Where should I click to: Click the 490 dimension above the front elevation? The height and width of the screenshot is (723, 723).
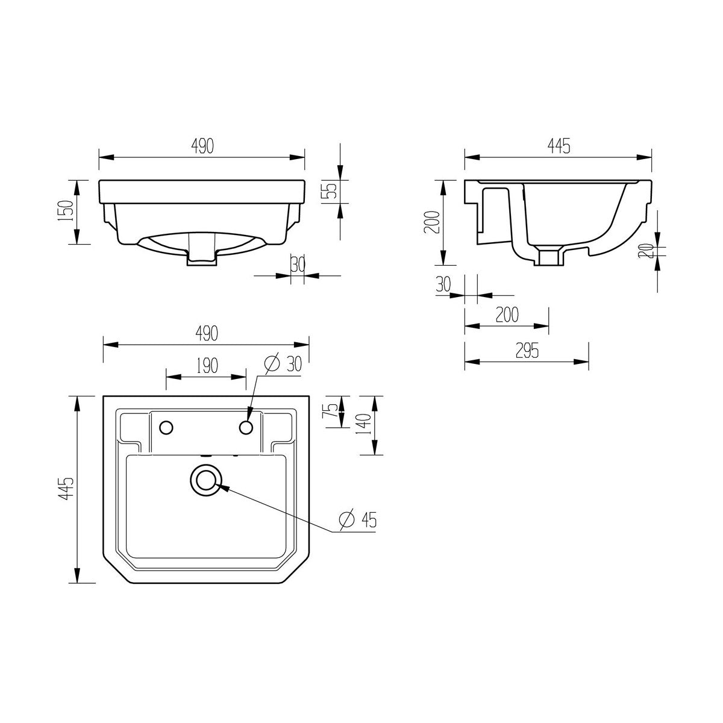pos(202,146)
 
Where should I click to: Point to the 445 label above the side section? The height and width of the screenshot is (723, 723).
pos(559,146)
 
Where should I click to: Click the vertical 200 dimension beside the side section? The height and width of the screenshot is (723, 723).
pos(433,222)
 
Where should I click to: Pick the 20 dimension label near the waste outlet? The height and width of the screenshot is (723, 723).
pos(646,251)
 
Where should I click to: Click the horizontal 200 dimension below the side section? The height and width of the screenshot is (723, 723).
pos(507,315)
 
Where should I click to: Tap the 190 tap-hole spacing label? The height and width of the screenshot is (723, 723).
pos(207,366)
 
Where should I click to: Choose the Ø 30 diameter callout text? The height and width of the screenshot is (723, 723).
pos(283,363)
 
